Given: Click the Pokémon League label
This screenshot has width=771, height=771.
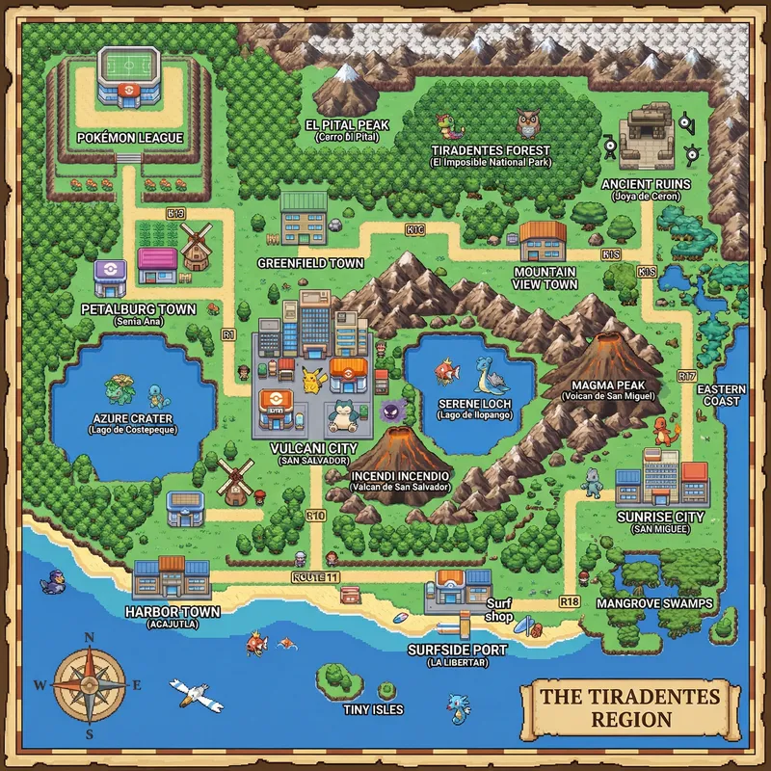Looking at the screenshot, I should (129, 138).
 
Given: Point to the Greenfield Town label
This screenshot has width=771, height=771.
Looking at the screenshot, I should (310, 263).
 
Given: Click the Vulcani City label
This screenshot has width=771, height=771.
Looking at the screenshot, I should (313, 449).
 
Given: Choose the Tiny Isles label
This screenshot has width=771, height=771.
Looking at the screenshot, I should (373, 709).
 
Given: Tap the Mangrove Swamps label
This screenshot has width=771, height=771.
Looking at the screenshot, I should (654, 603).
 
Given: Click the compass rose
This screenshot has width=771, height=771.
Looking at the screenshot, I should (90, 684).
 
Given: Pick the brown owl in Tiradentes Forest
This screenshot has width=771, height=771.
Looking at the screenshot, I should (528, 123).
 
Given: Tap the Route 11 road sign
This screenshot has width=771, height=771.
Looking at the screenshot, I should (315, 576).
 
